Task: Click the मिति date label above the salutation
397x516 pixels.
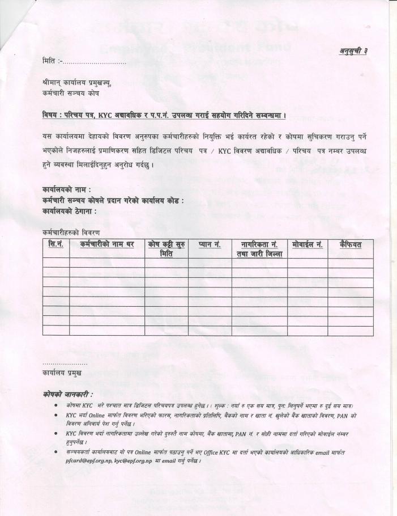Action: click(x=50, y=60)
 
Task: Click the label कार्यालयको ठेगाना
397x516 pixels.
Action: click(x=69, y=211)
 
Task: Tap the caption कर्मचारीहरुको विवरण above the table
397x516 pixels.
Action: click(x=71, y=232)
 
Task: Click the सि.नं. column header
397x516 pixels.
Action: click(x=56, y=244)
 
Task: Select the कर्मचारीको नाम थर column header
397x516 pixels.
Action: click(x=106, y=244)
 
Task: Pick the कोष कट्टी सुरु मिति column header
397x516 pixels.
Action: click(x=167, y=249)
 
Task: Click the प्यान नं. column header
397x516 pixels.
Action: click(x=210, y=244)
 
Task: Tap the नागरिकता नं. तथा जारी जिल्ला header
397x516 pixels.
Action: click(x=259, y=249)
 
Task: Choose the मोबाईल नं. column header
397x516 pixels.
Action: click(x=307, y=244)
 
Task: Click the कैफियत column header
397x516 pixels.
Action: click(x=350, y=244)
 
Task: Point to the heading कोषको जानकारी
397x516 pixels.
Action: click(x=67, y=394)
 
